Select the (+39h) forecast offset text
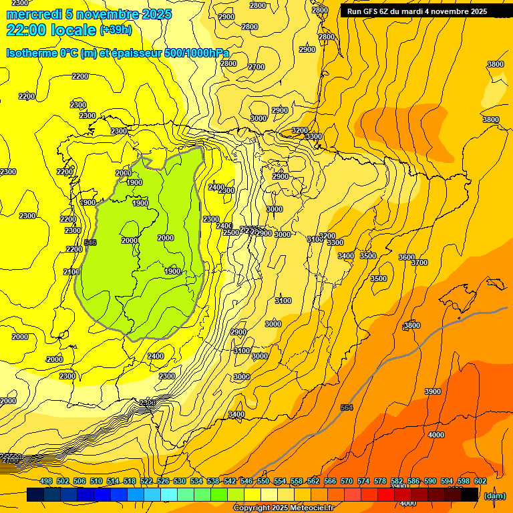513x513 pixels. (x=116, y=30)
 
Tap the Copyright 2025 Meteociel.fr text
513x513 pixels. (x=283, y=508)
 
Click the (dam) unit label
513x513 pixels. (x=494, y=496)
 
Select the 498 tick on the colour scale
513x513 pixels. (x=46, y=481)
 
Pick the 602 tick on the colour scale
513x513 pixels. (x=480, y=481)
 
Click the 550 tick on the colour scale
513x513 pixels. (x=263, y=481)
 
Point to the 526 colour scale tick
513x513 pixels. (x=163, y=481)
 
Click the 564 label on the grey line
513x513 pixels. (x=346, y=407)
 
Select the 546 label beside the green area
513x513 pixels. (x=90, y=242)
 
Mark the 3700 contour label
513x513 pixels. (x=419, y=263)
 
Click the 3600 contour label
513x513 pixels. (x=406, y=257)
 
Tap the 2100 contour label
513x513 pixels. (x=71, y=272)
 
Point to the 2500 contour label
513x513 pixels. (x=230, y=232)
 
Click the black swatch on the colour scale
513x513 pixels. (x=470, y=495)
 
